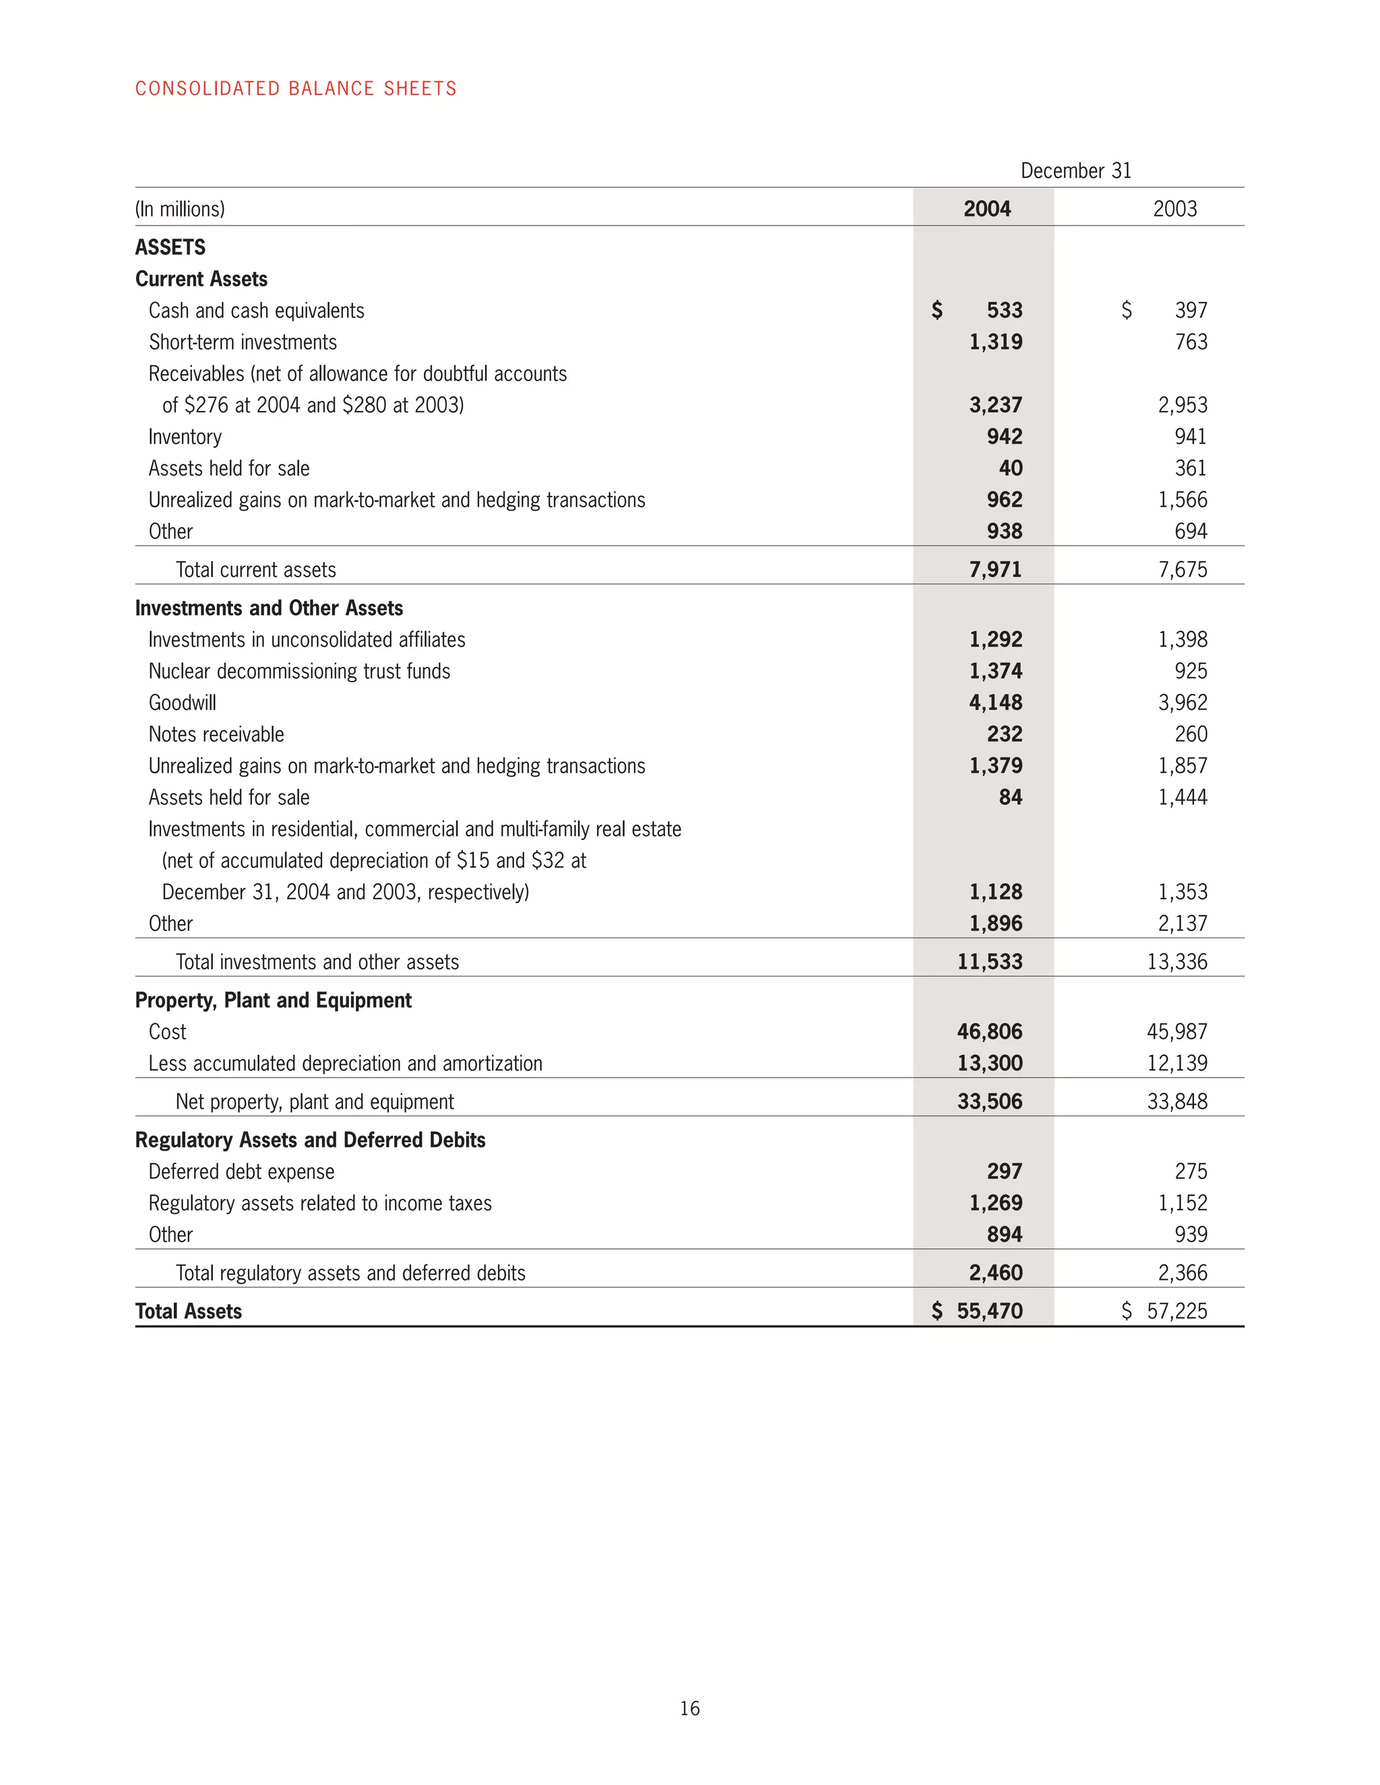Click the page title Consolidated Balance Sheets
click(x=295, y=88)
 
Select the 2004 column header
click(x=986, y=209)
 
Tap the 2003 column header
click(x=1174, y=209)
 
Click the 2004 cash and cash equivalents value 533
click(x=1004, y=311)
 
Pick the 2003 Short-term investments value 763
click(x=1191, y=342)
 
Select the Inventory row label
click(x=185, y=437)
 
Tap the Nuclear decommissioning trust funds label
click(x=299, y=672)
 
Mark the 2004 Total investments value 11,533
click(x=989, y=962)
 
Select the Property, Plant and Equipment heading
click(x=273, y=1000)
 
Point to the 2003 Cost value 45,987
click(x=1177, y=1032)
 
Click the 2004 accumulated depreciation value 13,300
click(x=989, y=1064)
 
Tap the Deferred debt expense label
click(x=241, y=1172)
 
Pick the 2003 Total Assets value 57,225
click(x=1177, y=1311)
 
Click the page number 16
click(x=689, y=1708)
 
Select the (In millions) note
click(x=180, y=209)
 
